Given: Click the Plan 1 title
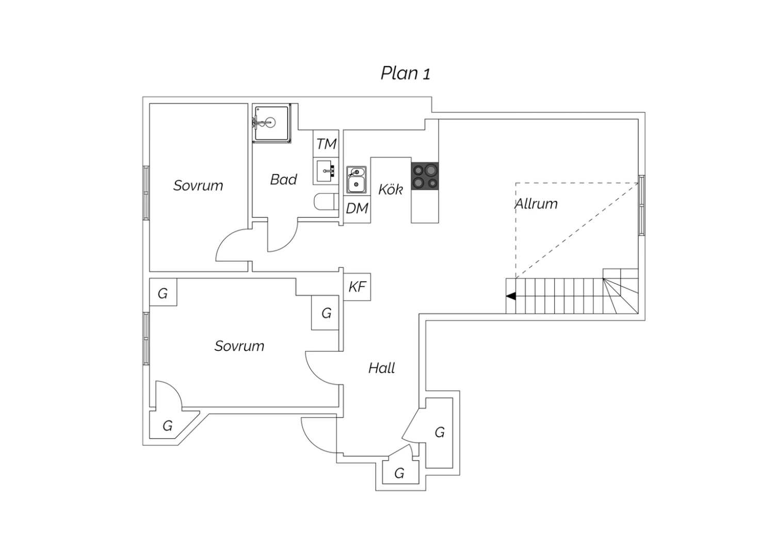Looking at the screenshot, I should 405,73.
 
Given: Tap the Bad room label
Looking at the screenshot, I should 283,180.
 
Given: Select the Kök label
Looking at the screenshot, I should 390,189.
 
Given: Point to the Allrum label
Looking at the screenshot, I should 537,204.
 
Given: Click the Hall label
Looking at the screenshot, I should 381,368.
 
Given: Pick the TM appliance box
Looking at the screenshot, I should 326,144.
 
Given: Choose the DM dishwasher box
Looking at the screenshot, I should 357,208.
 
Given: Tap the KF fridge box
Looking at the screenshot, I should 357,286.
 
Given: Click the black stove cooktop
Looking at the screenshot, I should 425,176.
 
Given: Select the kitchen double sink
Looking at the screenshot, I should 356,180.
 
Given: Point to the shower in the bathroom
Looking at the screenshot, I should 271,123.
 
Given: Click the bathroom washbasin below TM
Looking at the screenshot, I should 326,170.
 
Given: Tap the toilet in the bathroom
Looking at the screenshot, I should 325,202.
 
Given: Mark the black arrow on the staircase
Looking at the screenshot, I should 511,296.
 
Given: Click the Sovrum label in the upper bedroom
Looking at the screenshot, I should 198,186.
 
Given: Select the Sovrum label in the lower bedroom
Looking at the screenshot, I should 239,346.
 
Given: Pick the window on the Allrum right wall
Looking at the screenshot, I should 641,205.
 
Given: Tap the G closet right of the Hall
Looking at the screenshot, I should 440,432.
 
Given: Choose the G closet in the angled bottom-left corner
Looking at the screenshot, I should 168,426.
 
